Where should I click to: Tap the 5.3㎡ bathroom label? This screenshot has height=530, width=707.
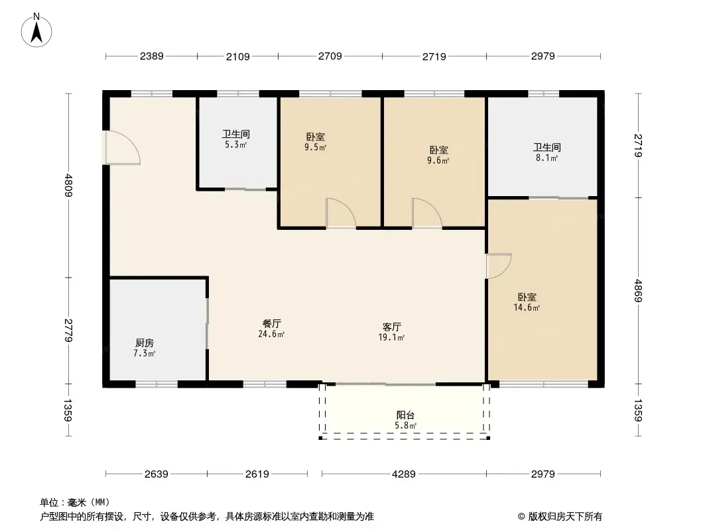point(236,139)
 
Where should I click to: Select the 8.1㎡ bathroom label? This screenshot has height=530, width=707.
point(547,152)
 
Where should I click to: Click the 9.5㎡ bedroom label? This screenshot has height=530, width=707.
point(315,142)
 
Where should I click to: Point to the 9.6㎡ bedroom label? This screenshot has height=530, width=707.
point(438,155)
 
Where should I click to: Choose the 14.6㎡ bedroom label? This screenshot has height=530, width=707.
point(527,302)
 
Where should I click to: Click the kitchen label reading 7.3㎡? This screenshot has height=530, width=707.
point(145,348)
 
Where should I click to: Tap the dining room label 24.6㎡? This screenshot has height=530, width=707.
point(271,329)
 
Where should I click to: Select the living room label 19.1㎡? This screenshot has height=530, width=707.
point(391,332)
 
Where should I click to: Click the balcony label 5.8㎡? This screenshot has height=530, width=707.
point(405,420)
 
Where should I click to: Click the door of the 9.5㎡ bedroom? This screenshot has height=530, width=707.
point(341,213)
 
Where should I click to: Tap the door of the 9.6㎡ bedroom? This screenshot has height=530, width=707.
point(427,213)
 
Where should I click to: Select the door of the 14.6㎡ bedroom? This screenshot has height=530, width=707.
point(499,266)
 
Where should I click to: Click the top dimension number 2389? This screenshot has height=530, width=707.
point(151,56)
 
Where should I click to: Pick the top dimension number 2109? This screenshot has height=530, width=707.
point(237,57)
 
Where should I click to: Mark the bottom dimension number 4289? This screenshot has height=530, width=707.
point(403,474)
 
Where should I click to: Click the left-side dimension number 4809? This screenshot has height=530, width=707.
point(68,185)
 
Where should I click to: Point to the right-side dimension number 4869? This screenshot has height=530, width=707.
point(638,291)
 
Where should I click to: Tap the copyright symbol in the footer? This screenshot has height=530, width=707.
point(521,517)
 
